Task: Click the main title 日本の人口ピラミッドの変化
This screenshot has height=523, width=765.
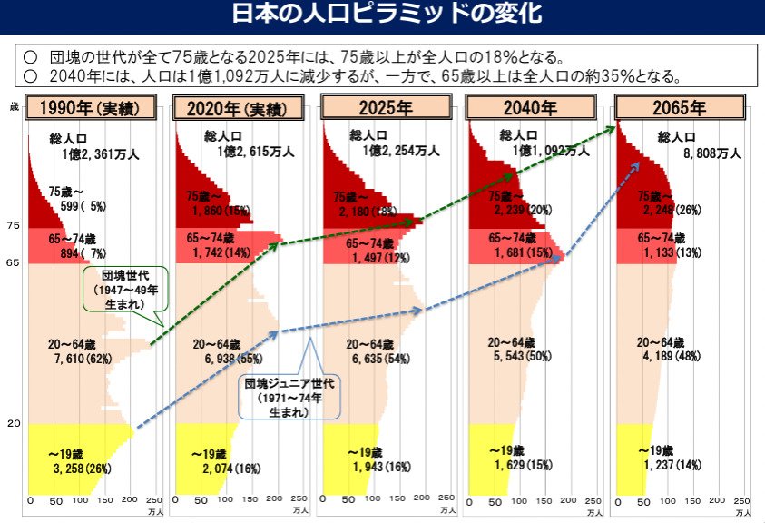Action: click(x=382, y=15)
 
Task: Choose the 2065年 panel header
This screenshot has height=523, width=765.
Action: click(x=680, y=108)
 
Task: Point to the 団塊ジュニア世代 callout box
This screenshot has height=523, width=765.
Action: click(x=289, y=397)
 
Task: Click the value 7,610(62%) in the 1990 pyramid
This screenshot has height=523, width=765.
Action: click(x=82, y=360)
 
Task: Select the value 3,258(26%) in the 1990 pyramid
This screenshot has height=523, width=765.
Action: click(x=82, y=468)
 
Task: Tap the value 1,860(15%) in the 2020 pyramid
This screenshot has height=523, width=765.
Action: click(x=221, y=211)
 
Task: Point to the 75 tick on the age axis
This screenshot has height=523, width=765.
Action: click(x=13, y=225)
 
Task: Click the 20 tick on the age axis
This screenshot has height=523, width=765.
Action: click(x=13, y=424)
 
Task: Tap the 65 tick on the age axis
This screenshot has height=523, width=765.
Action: click(x=13, y=262)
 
